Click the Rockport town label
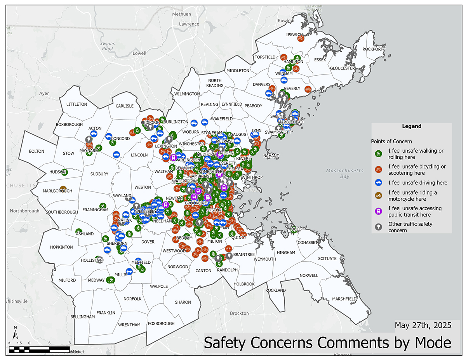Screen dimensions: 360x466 coord(373,49)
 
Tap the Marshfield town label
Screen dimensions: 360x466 coord(344,299)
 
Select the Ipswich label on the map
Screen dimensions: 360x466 coord(294,35)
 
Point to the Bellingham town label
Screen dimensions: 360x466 coord(83,317)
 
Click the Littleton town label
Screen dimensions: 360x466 coord(77,104)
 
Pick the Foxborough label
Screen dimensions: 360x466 coord(161,323)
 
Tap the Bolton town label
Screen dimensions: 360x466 coord(37,151)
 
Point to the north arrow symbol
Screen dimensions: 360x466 coord(15,333)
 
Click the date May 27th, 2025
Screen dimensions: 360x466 coord(423,325)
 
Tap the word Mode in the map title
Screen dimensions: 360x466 coord(432,343)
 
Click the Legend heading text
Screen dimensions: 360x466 coord(412,126)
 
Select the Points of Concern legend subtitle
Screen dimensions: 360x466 coord(391,141)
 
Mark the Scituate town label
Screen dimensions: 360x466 coord(327,258)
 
